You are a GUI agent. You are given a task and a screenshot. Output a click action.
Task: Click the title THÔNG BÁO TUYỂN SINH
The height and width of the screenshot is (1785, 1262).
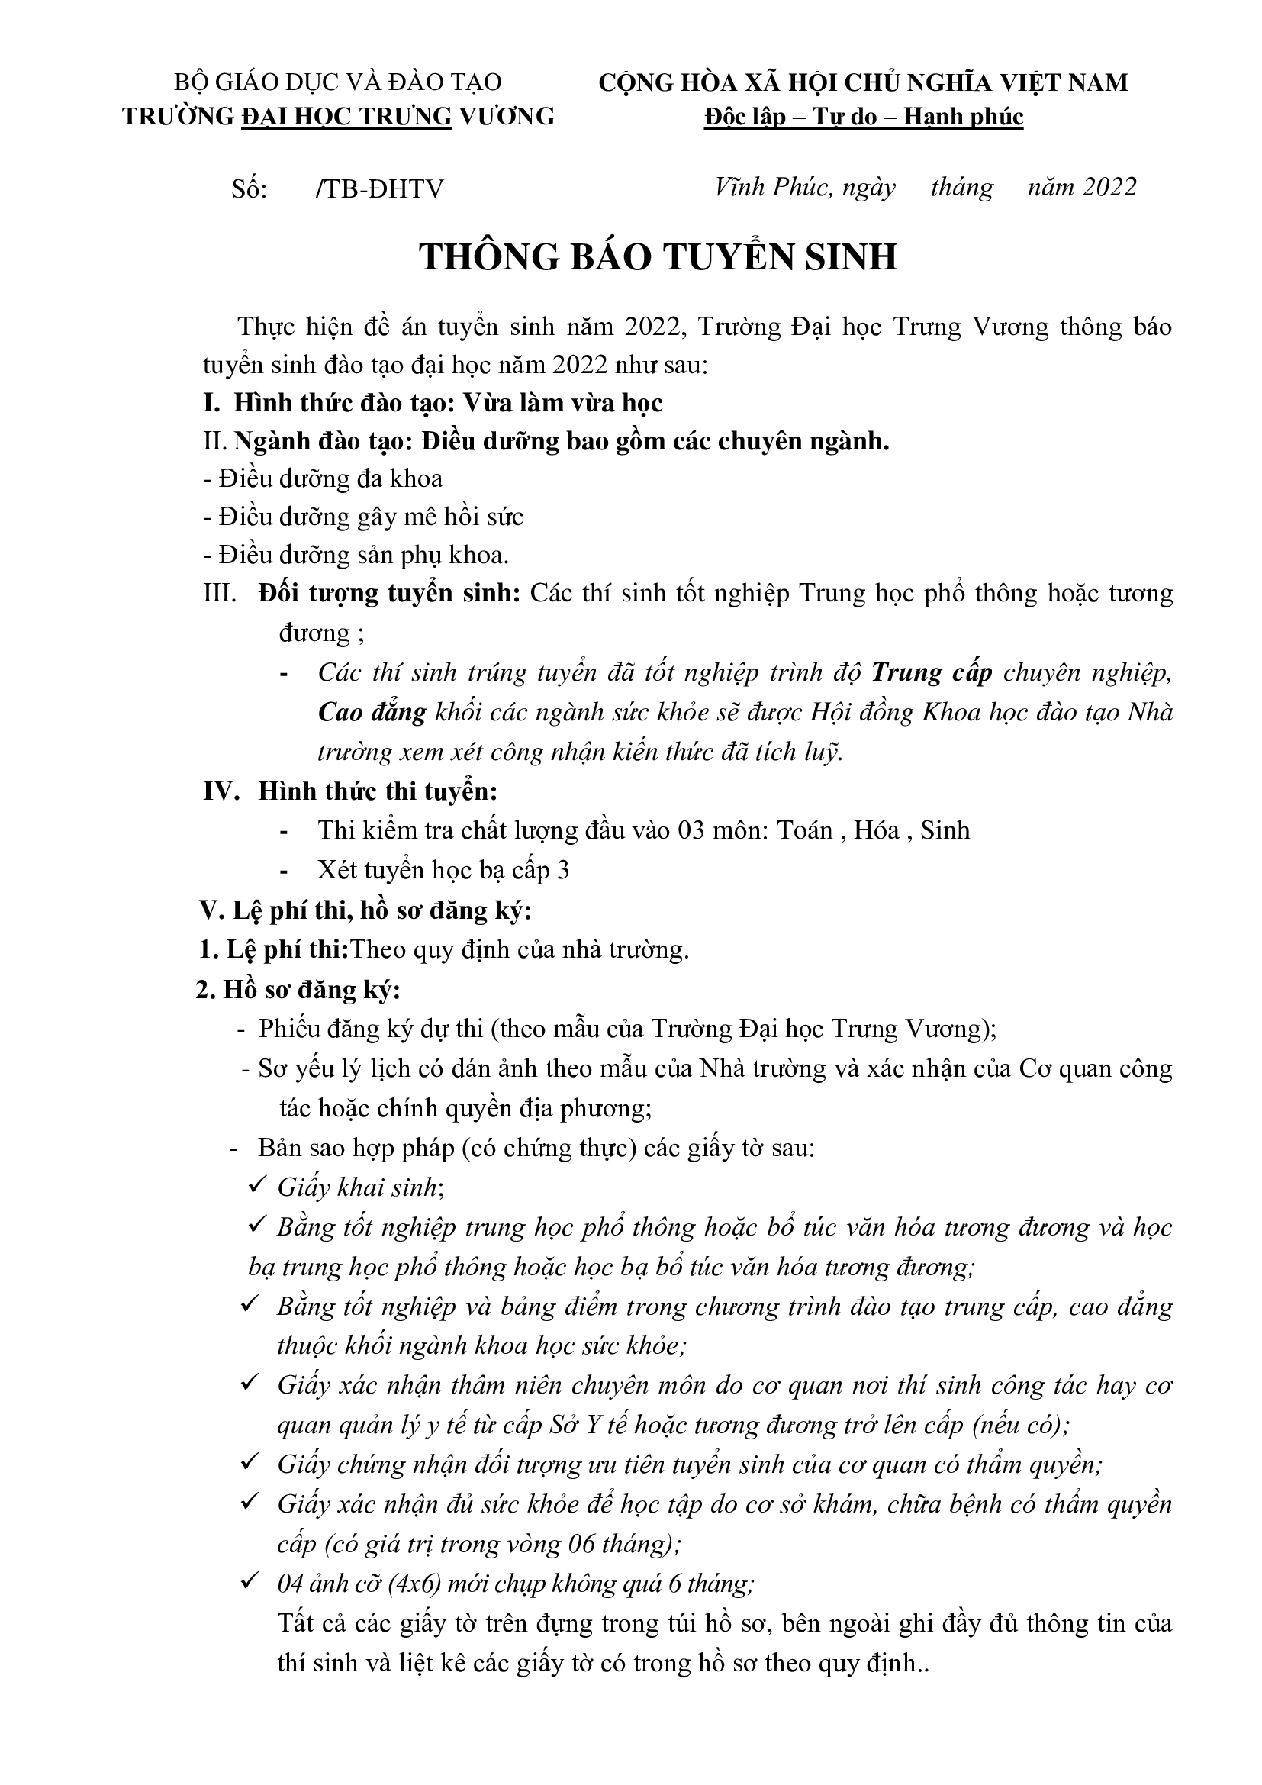tap(658, 256)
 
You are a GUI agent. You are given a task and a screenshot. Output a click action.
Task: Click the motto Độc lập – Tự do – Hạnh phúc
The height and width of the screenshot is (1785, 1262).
tap(864, 117)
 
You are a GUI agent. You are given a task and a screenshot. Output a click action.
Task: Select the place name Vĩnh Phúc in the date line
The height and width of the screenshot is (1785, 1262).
tap(771, 188)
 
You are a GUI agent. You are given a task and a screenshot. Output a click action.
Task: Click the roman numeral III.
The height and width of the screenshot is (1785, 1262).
tap(219, 594)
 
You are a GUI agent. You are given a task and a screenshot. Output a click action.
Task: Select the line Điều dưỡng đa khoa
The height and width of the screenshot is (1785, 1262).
tap(323, 479)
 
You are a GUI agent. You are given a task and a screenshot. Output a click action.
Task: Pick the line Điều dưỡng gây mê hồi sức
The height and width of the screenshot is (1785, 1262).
tap(363, 517)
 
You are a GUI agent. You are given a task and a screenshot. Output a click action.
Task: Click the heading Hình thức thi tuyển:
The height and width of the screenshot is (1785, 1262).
tap(378, 791)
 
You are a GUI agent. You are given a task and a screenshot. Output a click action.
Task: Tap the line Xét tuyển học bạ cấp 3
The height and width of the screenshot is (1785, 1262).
tap(443, 870)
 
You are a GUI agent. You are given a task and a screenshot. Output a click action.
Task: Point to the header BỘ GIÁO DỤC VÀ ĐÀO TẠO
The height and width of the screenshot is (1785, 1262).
tap(338, 82)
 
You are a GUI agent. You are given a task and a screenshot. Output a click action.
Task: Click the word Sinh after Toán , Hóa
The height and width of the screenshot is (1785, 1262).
tap(945, 831)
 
